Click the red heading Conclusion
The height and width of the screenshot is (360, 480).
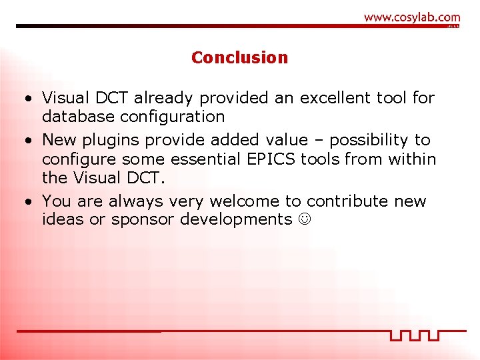coord(239,57)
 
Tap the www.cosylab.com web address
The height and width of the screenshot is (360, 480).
coord(411,17)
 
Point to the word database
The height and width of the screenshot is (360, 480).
coord(73,117)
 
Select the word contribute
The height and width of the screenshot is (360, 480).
coord(347,201)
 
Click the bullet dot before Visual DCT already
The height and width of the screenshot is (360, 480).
coord(27,99)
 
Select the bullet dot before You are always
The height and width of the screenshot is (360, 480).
coord(27,202)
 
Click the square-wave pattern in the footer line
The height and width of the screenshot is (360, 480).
coord(415,335)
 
